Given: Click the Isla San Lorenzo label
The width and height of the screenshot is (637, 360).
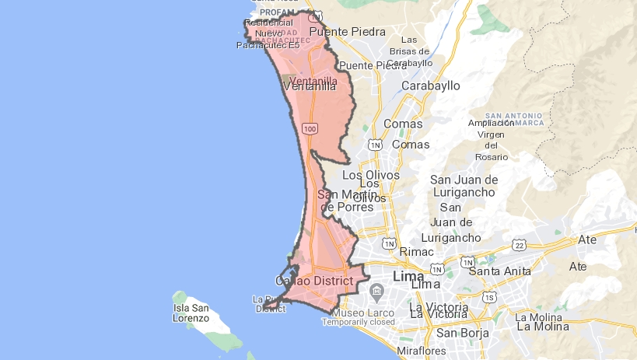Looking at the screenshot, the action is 191,313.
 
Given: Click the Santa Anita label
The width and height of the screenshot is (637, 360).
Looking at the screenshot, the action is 499,271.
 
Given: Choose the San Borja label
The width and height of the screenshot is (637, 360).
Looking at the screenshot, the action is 462,333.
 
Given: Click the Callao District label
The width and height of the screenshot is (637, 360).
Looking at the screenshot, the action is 314,280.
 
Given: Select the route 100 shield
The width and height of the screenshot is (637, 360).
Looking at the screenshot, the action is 310,128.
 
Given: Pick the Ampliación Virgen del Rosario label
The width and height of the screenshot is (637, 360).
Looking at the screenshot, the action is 491,140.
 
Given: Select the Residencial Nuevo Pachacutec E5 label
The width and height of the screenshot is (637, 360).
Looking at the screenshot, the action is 268,33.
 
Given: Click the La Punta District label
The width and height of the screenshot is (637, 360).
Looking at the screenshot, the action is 270,303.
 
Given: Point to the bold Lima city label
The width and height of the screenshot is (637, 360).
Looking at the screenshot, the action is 408,276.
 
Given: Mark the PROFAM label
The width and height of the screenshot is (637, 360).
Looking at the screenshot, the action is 275,12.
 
